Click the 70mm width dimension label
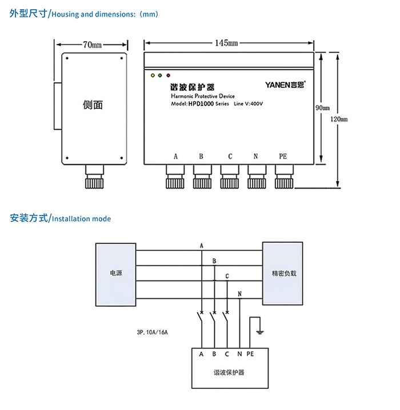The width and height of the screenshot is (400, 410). [92, 44]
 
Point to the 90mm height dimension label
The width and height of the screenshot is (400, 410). [322, 107]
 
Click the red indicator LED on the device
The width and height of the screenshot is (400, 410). [168, 75]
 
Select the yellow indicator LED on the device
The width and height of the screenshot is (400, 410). [153, 75]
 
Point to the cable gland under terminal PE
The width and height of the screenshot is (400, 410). [283, 177]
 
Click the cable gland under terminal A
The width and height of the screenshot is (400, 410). [174, 177]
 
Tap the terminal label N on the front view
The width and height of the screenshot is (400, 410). [255, 156]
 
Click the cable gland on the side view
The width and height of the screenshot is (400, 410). [93, 177]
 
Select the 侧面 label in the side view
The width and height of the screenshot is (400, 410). [93, 105]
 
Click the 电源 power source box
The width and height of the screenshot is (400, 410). [116, 273]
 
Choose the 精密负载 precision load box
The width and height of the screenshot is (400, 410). [284, 273]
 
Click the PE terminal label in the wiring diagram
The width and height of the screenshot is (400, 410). [250, 354]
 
